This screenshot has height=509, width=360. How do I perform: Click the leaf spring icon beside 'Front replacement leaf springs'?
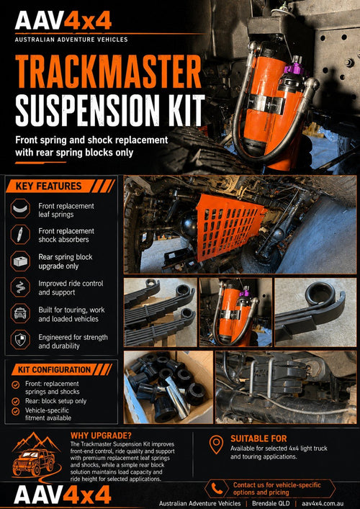coord(20,208)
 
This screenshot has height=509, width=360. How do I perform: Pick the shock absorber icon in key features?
coord(20,234)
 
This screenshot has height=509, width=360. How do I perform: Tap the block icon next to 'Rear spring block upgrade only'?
coord(20,261)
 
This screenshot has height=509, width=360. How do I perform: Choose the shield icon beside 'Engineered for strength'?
coord(20,340)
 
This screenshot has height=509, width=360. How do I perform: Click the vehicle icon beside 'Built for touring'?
coord(20,314)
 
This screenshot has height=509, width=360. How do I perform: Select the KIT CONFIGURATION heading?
coord(54,370)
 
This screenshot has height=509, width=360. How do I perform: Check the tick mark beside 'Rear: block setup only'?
coord(15,401)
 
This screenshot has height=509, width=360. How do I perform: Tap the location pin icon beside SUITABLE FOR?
coord(216,445)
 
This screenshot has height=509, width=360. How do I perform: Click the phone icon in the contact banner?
coord(217,489)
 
